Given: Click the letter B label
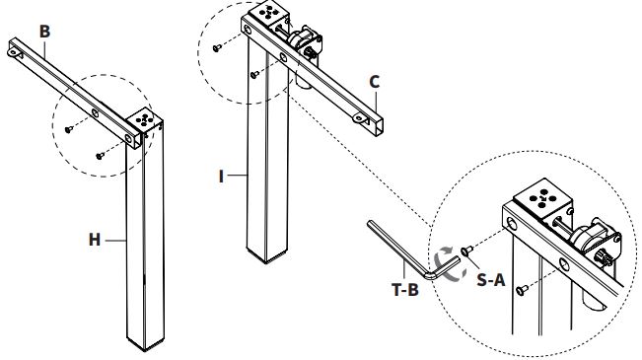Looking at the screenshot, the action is pos(44,32).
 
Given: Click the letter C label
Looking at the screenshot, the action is pos(374,82).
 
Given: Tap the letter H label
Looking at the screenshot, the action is pos(95,240).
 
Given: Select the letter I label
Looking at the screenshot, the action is pos(222,177).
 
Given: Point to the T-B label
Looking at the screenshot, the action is pos(405,290).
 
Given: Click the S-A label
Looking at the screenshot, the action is pos(491,280).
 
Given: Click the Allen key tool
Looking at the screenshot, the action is pos(409,250).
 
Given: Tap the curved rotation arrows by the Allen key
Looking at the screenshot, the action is pos(449,264).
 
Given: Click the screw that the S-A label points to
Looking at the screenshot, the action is pos(466,251).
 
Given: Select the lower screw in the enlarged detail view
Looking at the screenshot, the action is pos(522,290).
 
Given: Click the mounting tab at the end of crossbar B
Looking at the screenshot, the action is pos(14,52).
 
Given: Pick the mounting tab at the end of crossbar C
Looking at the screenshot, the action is pos(360,118).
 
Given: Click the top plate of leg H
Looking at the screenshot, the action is pos(144,119).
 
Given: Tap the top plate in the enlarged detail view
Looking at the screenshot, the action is pos(543,198).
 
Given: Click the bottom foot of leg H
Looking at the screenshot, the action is pos(145,344).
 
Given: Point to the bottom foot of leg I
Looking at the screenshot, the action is pos(266,256).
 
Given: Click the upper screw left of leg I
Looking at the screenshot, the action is pos(217,48).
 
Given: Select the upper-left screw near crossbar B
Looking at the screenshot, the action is pos(69,129).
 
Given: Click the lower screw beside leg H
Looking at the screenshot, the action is pos(100,156).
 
